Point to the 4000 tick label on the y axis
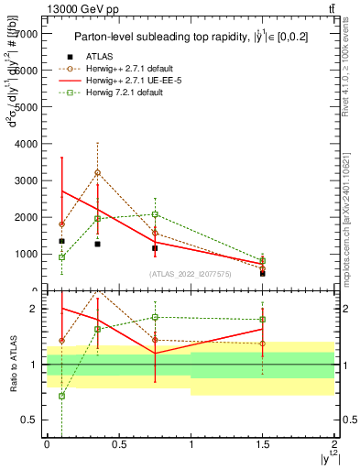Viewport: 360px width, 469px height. (27, 144)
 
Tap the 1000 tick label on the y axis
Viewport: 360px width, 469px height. (27, 254)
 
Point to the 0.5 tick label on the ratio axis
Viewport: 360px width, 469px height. (30, 420)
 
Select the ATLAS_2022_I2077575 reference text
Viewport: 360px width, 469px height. (191, 273)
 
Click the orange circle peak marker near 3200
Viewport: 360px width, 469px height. (97, 172)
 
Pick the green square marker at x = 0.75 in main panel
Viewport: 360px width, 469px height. (155, 214)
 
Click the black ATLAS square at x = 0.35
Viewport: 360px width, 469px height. (97, 244)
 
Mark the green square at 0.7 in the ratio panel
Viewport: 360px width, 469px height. (61, 396)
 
